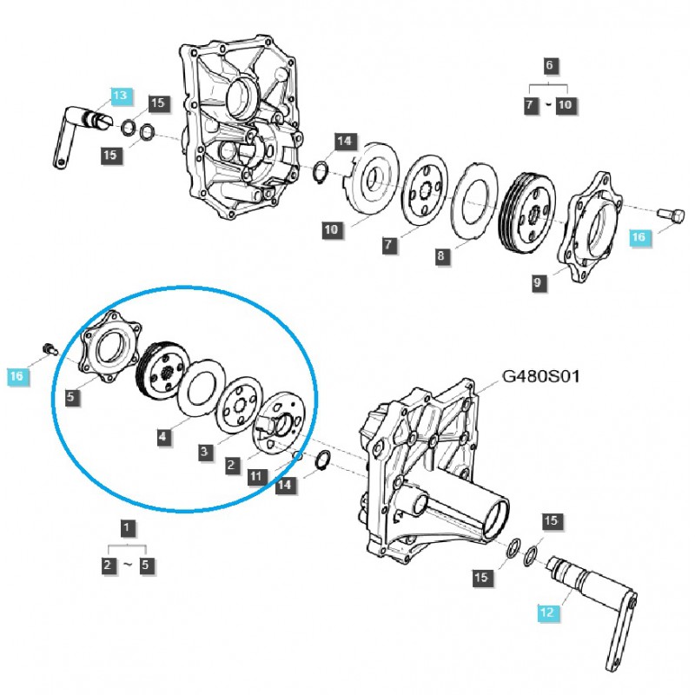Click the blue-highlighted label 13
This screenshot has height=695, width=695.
click(x=119, y=95)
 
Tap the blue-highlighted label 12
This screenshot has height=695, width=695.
click(x=546, y=613)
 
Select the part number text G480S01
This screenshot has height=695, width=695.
click(x=540, y=377)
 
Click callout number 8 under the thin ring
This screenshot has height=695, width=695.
click(x=441, y=256)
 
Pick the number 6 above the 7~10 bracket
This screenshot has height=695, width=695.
click(x=548, y=65)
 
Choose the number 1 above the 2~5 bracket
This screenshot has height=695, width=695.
click(x=127, y=526)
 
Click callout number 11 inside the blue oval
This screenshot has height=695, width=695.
click(x=255, y=475)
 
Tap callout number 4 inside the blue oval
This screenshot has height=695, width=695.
click(x=163, y=439)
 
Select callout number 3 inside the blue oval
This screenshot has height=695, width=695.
click(x=204, y=451)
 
